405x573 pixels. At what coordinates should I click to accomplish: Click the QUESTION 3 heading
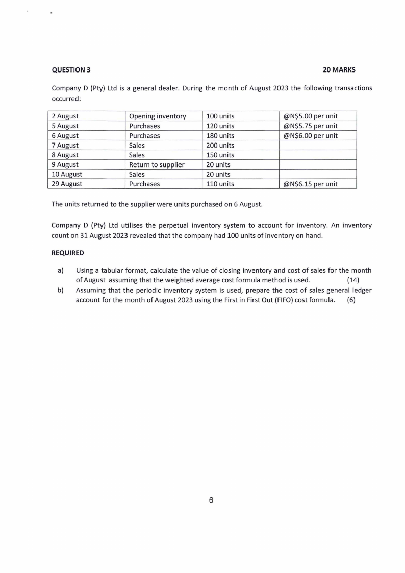pyautogui.click(x=71, y=69)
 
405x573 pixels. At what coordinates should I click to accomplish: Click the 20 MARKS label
pyautogui.click(x=339, y=69)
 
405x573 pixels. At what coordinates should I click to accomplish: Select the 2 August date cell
pyautogui.click(x=65, y=116)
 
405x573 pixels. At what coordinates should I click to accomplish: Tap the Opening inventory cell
pyautogui.click(x=157, y=116)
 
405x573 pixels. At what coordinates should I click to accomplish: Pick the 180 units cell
pyautogui.click(x=220, y=136)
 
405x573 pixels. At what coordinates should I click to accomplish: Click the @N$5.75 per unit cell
pyautogui.click(x=310, y=126)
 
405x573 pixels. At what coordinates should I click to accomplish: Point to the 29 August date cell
pyautogui.click(x=66, y=184)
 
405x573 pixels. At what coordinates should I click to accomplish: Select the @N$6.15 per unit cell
pyautogui.click(x=310, y=184)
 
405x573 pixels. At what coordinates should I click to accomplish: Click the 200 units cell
pyautogui.click(x=220, y=146)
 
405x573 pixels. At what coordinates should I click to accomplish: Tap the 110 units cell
pyautogui.click(x=220, y=184)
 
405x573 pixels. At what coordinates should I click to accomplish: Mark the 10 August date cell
pyautogui.click(x=66, y=174)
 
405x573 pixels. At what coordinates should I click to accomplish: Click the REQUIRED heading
pyautogui.click(x=68, y=253)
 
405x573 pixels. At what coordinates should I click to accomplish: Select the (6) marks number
pyautogui.click(x=351, y=300)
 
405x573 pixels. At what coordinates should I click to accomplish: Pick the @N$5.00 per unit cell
pyautogui.click(x=310, y=116)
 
